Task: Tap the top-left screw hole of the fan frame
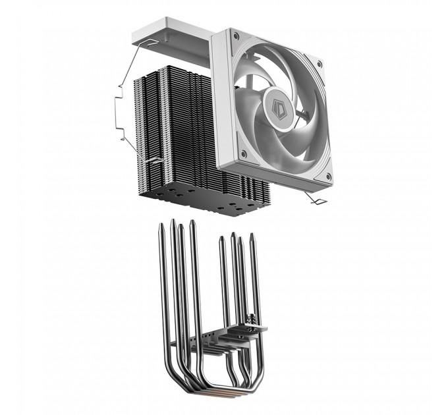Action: tap(234, 47)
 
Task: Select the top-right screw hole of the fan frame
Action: tap(320, 64)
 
